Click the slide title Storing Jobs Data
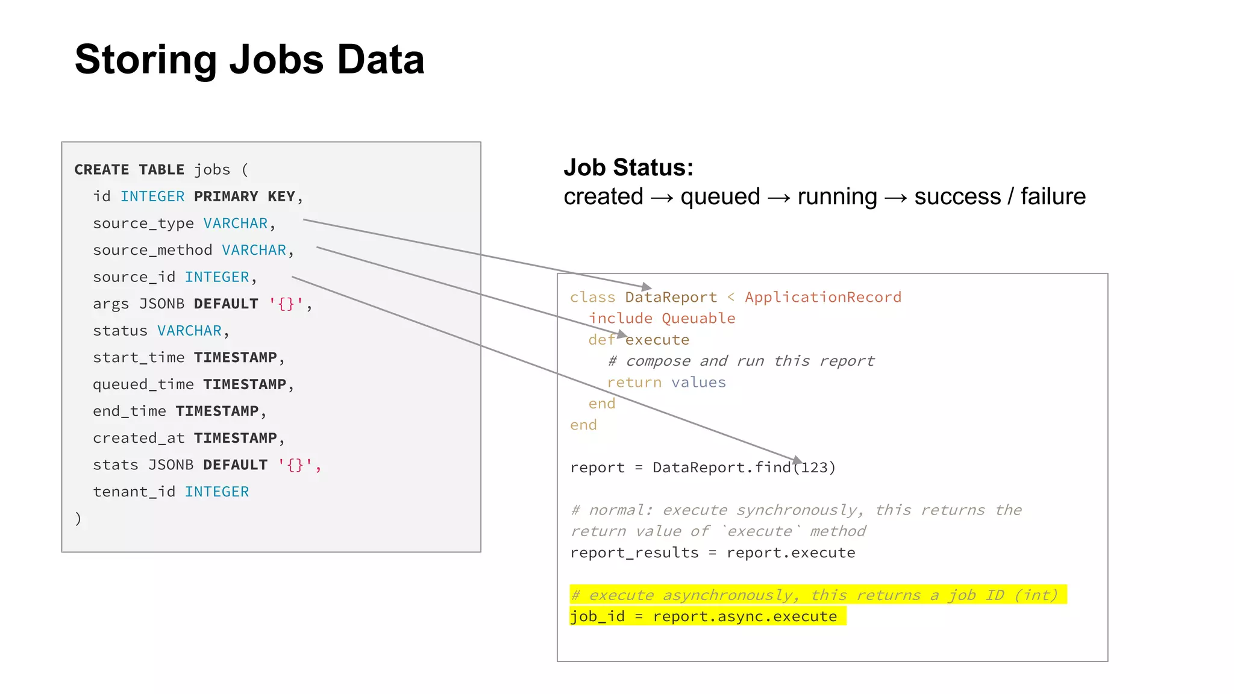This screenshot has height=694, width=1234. click(x=249, y=60)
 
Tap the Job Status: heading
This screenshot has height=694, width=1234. click(x=628, y=167)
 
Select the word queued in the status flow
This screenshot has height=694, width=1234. click(x=720, y=197)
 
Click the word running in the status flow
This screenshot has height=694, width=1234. click(x=837, y=197)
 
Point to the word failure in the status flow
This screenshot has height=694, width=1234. click(x=1053, y=197)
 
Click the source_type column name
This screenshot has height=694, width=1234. click(x=143, y=224)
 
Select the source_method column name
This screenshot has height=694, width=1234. click(x=152, y=250)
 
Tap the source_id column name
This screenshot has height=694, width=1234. click(x=134, y=277)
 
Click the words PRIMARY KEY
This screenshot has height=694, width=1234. click(x=244, y=196)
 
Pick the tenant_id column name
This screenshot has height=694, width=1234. click(x=134, y=492)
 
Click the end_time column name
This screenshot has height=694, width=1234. click(x=129, y=411)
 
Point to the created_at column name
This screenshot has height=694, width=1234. click(x=139, y=438)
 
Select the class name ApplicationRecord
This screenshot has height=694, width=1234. click(x=823, y=297)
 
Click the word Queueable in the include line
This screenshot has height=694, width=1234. click(x=698, y=318)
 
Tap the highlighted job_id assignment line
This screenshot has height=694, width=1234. click(x=703, y=616)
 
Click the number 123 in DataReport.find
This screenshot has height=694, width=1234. click(x=814, y=467)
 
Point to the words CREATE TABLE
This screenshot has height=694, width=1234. click(x=129, y=170)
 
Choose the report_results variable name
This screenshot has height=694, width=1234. click(x=634, y=552)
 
